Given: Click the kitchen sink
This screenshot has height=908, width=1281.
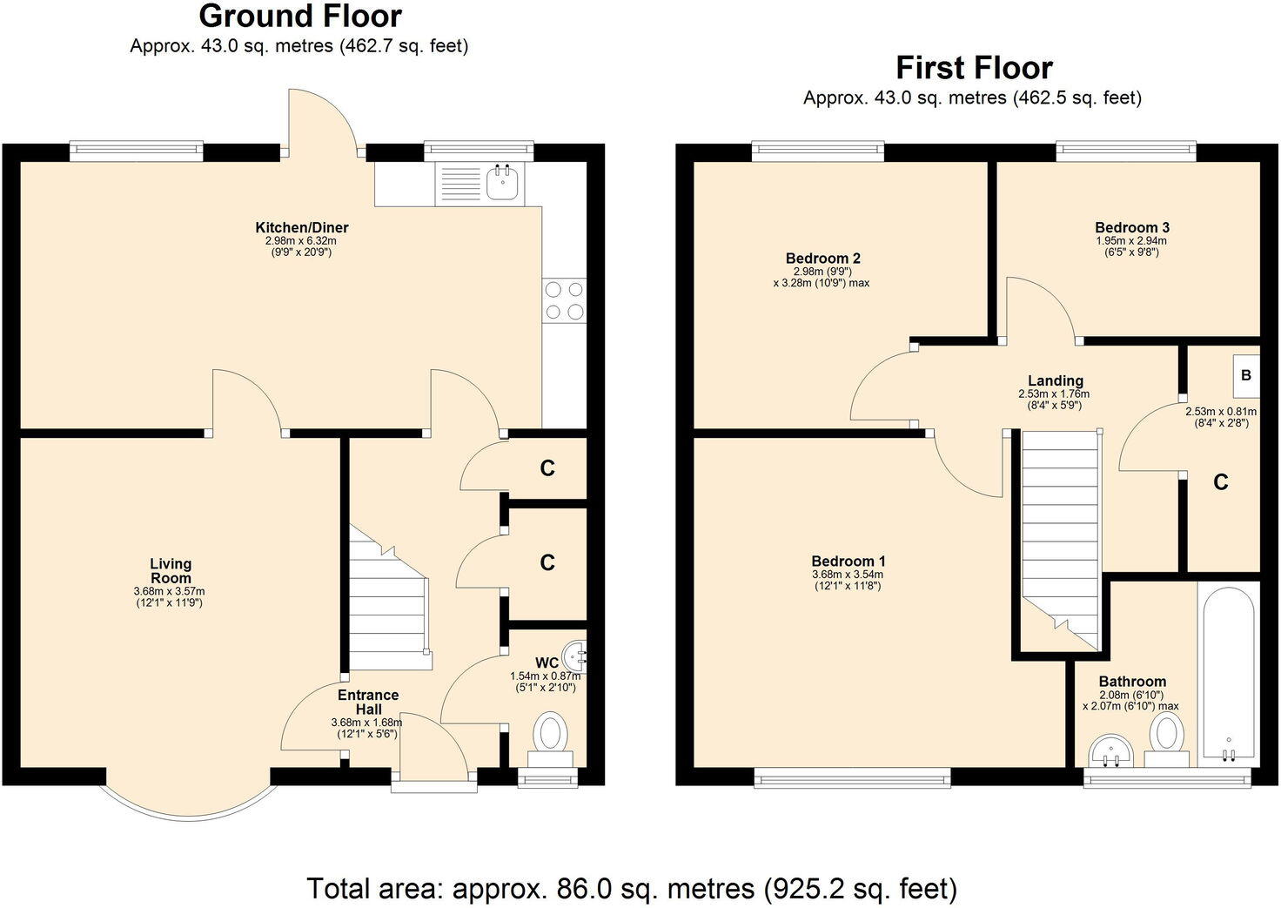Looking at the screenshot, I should coord(504,182).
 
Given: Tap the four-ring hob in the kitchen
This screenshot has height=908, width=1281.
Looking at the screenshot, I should coord(564,300).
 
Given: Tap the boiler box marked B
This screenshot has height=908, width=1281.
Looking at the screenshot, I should coord(1245,375).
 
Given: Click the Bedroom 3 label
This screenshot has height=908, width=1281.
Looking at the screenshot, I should coord(1131,228).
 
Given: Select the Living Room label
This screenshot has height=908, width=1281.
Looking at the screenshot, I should coord(171,571).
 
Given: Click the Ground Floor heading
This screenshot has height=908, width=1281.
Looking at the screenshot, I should coord(300,17).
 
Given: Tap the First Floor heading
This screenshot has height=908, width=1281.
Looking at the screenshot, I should coord(974,68).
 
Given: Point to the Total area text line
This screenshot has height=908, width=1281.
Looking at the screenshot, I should coord(632,889).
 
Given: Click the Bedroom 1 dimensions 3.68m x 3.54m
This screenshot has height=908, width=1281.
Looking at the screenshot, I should coord(847,575).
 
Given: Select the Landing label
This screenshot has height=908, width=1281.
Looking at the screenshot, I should coord(1055,380).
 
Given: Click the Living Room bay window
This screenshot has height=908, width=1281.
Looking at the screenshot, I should coord(189,790).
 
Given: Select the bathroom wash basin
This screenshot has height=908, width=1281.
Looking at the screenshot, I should coord(1110,750).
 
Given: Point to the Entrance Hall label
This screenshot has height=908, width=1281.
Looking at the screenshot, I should coord(368,702).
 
